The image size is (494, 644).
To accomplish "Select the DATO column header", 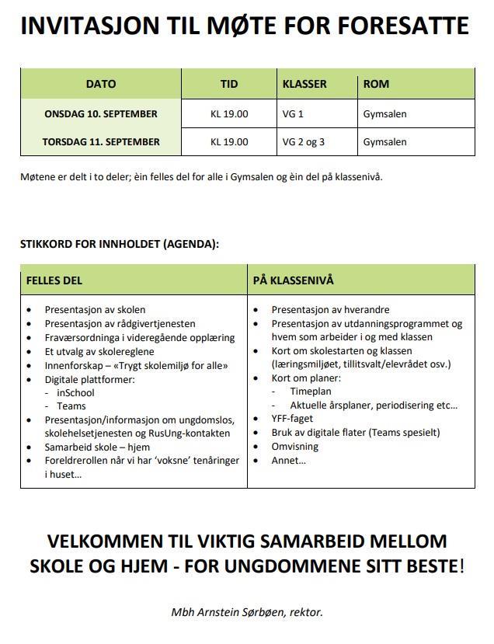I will tap(101, 84).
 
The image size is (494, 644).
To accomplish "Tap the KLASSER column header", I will tap(304, 84).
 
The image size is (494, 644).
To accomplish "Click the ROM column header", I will tap(376, 84).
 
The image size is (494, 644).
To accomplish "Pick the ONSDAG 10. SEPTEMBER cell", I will tap(101, 113).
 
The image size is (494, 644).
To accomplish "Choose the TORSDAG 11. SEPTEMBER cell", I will tap(101, 142).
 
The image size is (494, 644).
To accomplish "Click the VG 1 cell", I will tap(293, 114).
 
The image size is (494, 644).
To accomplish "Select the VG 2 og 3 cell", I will tap(304, 142).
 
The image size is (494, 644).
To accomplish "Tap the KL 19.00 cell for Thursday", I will tap(229, 142).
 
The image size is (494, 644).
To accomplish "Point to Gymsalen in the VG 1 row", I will tap(384, 114).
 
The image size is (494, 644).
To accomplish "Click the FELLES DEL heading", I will tap(54, 280).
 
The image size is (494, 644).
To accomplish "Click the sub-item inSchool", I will tap(76, 393).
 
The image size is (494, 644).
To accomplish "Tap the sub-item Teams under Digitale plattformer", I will tap(71, 406).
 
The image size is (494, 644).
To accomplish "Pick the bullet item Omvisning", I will tap(294, 447).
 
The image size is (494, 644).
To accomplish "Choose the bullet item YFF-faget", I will tap(293, 419).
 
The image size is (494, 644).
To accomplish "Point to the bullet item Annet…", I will tap(288, 461).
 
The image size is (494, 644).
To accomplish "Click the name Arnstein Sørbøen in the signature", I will tap(235, 612).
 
